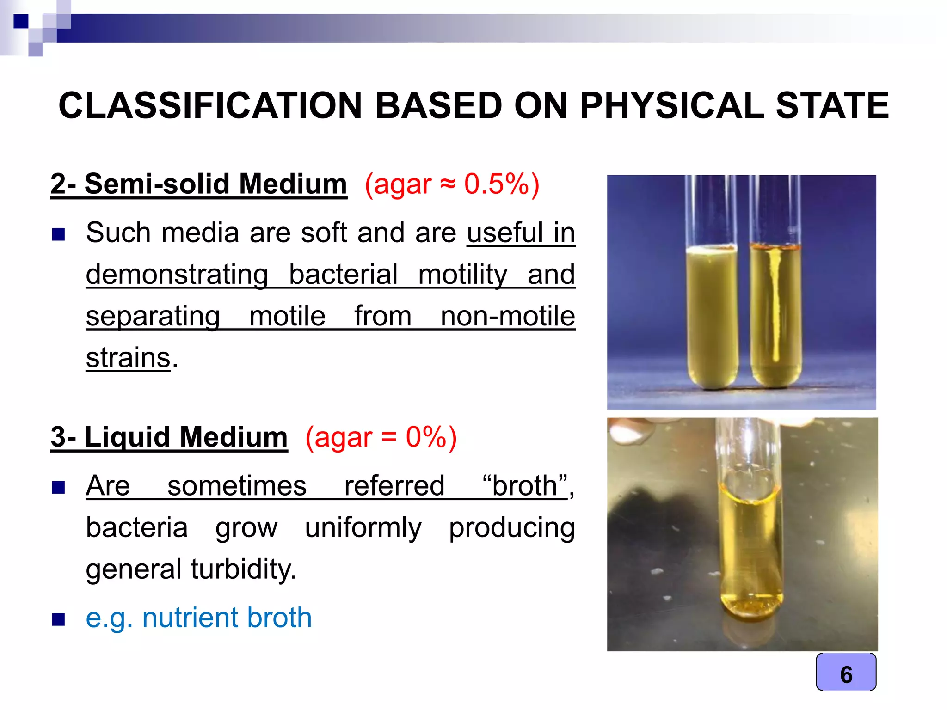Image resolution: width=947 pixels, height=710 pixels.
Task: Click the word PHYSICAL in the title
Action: point(671,105)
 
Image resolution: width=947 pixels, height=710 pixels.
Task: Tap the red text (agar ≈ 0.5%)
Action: point(452,184)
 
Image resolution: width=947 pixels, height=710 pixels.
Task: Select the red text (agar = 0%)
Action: point(381,437)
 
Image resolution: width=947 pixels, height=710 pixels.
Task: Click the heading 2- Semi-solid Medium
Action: point(199,184)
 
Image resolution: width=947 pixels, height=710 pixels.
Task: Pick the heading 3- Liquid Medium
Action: point(169,437)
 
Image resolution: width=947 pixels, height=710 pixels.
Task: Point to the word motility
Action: point(462,274)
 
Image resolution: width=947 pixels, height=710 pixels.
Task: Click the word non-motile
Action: point(508,316)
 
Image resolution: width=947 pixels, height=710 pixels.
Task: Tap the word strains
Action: point(128,358)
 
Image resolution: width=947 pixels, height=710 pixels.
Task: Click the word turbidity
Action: point(243,569)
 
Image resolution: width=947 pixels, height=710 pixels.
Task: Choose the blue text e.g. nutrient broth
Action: point(199,618)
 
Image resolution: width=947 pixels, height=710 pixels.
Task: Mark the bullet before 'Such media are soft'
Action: point(58,234)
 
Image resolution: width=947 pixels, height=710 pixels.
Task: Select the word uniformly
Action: point(363,527)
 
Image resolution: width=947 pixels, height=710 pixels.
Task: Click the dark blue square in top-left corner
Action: point(21,21)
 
